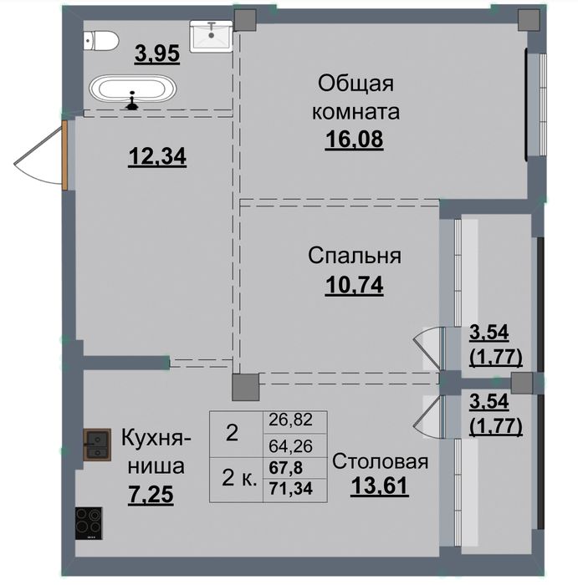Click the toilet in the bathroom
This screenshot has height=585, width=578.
point(101,41)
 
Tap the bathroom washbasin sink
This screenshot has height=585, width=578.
point(212,36)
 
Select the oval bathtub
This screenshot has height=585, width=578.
point(132,89)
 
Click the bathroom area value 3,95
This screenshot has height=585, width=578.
point(157,54)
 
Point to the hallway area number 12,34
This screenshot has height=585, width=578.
point(157,157)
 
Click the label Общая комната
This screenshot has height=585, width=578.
point(355,98)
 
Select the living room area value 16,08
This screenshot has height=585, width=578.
point(355,140)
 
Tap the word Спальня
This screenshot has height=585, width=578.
point(355,256)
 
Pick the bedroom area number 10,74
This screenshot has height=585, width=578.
point(355,286)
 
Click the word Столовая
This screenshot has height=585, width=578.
point(380,461)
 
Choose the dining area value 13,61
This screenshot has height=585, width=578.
point(380,486)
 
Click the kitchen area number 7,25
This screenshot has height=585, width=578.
point(151,495)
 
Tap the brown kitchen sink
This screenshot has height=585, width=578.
point(97,445)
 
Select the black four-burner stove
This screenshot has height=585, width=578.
point(89,523)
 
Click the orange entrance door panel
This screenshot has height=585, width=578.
point(64,155)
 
